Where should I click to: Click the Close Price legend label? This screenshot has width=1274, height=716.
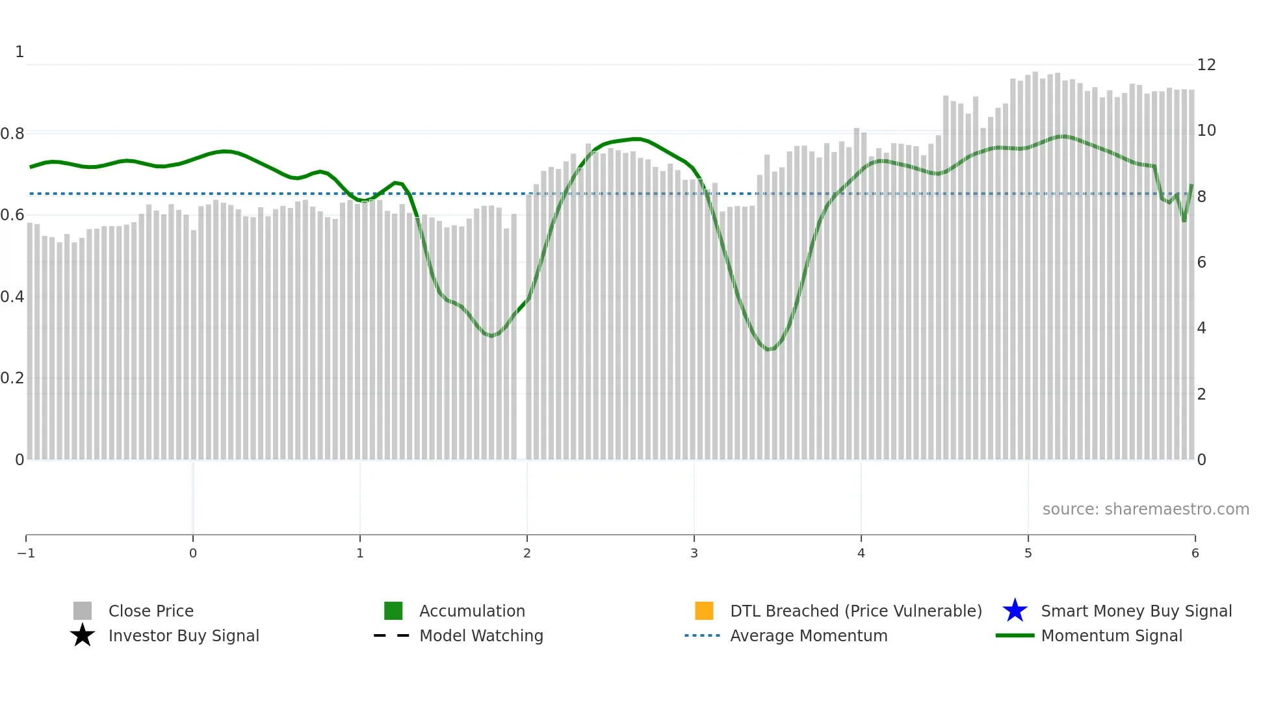(x=151, y=611)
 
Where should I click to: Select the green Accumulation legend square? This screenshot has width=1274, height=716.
(x=393, y=611)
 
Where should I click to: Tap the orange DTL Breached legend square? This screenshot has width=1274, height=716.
(x=704, y=611)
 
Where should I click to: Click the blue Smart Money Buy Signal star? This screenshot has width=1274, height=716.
(x=1015, y=611)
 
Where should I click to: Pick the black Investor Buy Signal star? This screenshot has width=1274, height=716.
(x=83, y=635)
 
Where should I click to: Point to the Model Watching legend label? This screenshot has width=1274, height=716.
(x=481, y=635)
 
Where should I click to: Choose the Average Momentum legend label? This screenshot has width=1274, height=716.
(x=809, y=635)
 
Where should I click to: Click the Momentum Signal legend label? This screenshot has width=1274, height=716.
(x=1111, y=635)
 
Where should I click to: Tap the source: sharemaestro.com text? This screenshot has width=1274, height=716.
(x=1145, y=509)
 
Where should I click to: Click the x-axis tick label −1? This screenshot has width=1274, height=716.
(x=26, y=553)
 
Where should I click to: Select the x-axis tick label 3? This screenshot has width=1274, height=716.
(x=694, y=553)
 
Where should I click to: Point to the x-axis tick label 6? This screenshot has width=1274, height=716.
(x=1195, y=553)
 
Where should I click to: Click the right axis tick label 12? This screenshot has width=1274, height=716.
(x=1206, y=65)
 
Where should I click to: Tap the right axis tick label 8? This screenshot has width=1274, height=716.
(x=1202, y=197)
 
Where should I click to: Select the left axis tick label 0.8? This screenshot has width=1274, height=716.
(x=12, y=134)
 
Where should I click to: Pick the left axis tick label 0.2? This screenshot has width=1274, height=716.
(x=12, y=378)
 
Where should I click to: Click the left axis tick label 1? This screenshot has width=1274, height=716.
(x=19, y=52)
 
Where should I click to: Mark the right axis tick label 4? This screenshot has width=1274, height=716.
(x=1202, y=328)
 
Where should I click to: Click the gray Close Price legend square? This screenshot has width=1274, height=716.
(x=83, y=611)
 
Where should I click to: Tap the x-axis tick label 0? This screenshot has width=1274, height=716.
(x=193, y=553)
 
